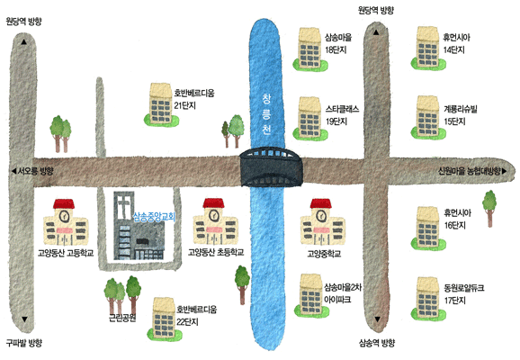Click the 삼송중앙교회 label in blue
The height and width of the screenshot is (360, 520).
(154, 217)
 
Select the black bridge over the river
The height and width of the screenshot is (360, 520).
(272, 166)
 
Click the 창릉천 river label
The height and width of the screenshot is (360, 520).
(266, 114)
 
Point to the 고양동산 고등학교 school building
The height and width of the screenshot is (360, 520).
(66, 222)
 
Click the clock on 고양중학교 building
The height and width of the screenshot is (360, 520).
(321, 216)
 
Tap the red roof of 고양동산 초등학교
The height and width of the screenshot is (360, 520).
(213, 203)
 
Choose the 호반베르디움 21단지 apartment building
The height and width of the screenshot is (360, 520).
(161, 104)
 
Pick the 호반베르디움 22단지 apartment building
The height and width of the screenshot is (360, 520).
(164, 319)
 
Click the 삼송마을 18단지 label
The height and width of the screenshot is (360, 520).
(338, 43)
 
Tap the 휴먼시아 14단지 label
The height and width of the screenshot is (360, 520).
(457, 43)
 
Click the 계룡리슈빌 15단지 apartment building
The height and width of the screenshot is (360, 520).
(428, 117)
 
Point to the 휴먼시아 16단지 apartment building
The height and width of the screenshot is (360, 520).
(428, 228)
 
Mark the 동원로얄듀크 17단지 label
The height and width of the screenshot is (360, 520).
(464, 294)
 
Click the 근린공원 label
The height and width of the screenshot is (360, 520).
(122, 318)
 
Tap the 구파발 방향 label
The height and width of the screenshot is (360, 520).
(24, 342)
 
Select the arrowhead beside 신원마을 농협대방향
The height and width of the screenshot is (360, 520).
(504, 171)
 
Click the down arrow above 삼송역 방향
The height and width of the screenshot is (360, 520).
(377, 319)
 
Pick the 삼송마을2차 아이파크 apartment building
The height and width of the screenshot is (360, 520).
(310, 295)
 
